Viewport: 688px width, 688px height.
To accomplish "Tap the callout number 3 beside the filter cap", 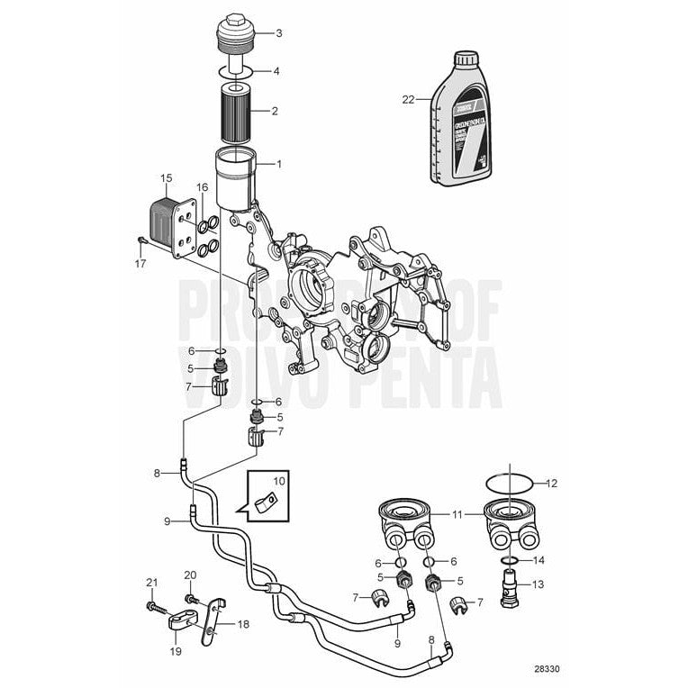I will (278, 34).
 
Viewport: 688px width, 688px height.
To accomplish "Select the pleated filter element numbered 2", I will (240, 112).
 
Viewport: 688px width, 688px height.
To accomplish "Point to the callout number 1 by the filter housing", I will (278, 164).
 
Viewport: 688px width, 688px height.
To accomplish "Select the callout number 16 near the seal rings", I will (203, 186).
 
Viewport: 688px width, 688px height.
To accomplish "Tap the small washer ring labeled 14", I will (510, 561).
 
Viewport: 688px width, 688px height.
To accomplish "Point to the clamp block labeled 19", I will (177, 622).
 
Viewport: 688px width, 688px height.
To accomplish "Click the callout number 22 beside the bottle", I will (408, 100).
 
